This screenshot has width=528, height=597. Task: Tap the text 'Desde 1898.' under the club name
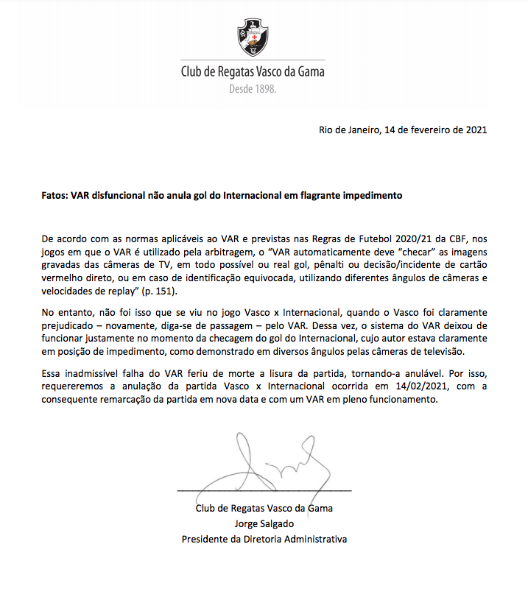(253, 89)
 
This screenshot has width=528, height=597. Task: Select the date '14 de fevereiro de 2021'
(434, 130)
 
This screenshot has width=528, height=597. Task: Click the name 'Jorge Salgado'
(264, 523)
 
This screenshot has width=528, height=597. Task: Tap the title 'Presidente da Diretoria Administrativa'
(264, 539)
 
